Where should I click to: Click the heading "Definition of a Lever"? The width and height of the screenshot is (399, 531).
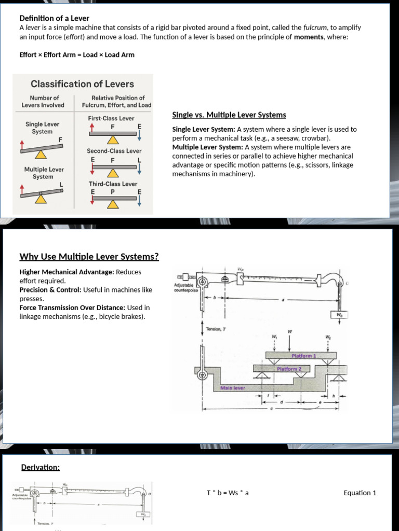pos(47,18)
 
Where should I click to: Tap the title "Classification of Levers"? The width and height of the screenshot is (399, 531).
pos(82,84)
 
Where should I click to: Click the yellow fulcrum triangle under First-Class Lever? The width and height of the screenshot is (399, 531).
pos(113,141)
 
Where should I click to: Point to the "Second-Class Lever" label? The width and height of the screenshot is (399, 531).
pos(114,151)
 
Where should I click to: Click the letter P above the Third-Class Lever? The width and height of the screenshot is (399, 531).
pos(113,192)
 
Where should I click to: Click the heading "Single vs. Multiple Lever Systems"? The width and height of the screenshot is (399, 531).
pos(229,115)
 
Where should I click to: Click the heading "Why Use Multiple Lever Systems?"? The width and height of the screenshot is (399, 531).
pos(89,257)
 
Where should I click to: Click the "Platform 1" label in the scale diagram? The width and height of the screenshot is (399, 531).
pos(304,356)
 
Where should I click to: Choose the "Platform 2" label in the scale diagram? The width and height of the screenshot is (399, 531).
pos(289,369)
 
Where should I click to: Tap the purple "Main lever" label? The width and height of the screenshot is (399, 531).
pos(233,387)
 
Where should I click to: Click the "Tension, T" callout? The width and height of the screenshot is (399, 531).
pos(217,329)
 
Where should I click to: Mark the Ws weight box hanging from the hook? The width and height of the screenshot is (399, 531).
pos(339,315)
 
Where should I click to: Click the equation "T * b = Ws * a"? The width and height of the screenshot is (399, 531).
pos(228,493)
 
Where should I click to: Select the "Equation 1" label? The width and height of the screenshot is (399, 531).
pos(360,493)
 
